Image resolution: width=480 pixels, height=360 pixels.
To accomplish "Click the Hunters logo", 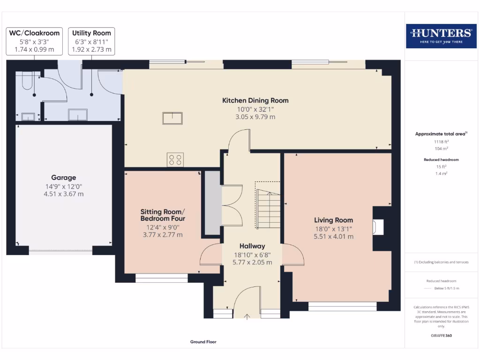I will pos(440,36).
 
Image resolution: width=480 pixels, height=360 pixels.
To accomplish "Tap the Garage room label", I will pos(64,178).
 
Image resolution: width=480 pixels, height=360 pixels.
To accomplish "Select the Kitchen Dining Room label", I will pos(255,100).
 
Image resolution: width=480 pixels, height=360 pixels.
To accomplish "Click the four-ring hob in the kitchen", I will pos(175,160).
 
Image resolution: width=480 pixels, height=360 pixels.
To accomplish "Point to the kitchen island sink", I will pos(172,118).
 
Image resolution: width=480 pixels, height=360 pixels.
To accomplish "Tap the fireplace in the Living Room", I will pos(378,227).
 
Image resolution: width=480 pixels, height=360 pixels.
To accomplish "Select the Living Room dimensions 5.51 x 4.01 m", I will pos(334,237).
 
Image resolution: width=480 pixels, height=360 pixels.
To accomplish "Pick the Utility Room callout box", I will pos(91,41).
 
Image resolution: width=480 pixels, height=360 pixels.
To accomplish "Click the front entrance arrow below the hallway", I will pos(247,316).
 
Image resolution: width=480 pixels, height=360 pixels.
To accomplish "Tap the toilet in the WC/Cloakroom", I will pos(26,82).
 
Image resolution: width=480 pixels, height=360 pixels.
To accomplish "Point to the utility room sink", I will pos(78,115).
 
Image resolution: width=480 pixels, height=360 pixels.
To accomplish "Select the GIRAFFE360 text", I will pos(441,336).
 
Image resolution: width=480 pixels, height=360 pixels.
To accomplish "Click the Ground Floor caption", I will pos(203,342).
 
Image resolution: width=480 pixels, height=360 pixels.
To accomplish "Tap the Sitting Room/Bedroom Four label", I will pos(163,215).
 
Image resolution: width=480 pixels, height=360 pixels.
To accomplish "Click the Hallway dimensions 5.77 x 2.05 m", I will pos(252,262).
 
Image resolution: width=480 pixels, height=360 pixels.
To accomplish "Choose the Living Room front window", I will pos(343,307).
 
